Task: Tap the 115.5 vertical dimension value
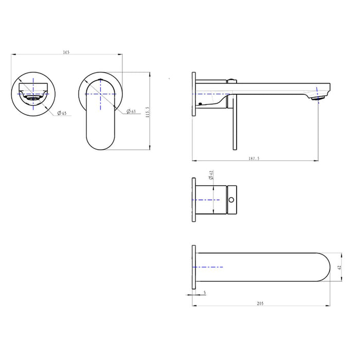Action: tap(148, 113)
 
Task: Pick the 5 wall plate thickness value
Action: tap(205, 293)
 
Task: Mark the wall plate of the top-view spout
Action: tap(195, 267)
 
